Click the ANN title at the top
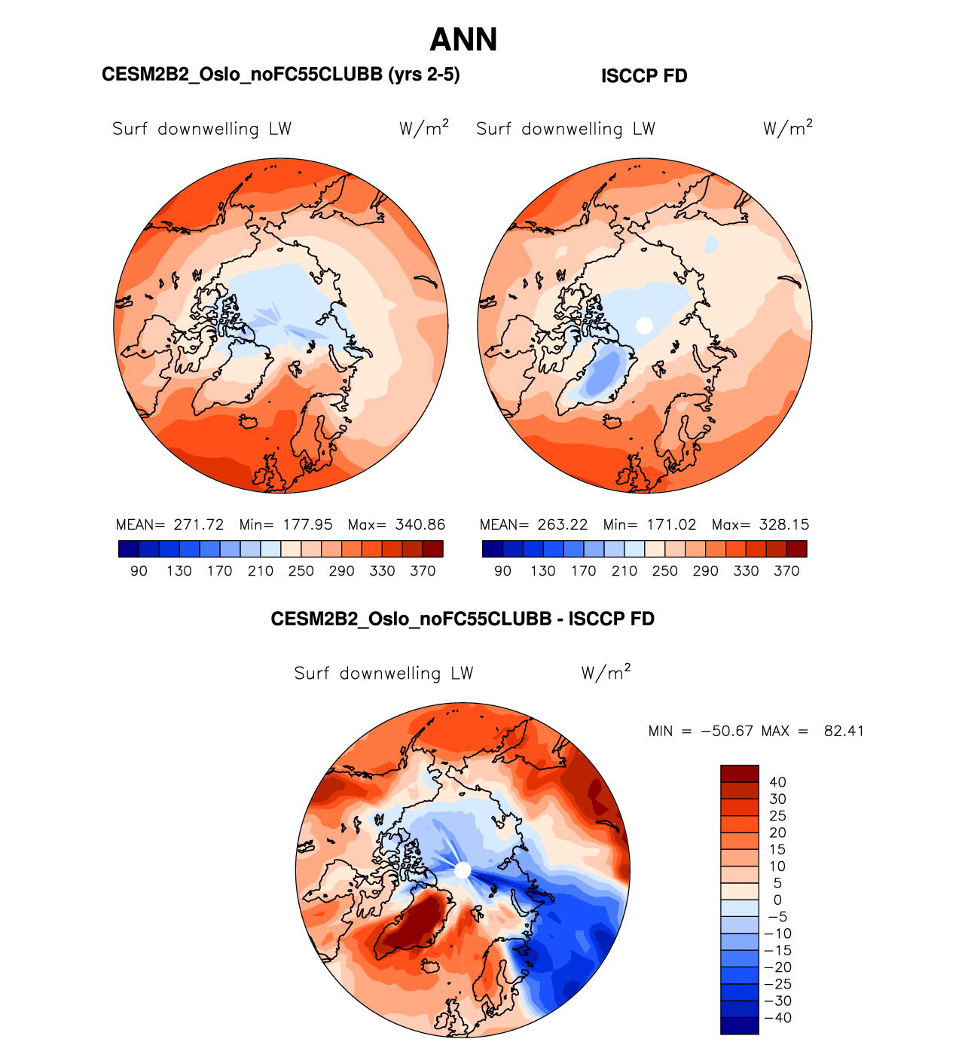coord(463,40)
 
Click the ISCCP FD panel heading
coord(644,76)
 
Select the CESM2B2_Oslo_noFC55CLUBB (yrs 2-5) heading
coord(280,75)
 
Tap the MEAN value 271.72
coord(199,524)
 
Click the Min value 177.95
coord(307,524)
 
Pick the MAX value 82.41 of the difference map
coord(844,731)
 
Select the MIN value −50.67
coord(726,731)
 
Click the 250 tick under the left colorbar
coord(301,571)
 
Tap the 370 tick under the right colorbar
coord(786,571)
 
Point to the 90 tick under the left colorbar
coord(139,571)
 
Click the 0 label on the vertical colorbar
coord(777,900)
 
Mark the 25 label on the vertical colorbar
coord(777,816)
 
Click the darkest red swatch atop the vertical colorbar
coord(739,774)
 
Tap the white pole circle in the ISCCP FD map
coord(644,325)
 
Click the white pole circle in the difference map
coord(463,870)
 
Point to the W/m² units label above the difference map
coord(606,672)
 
